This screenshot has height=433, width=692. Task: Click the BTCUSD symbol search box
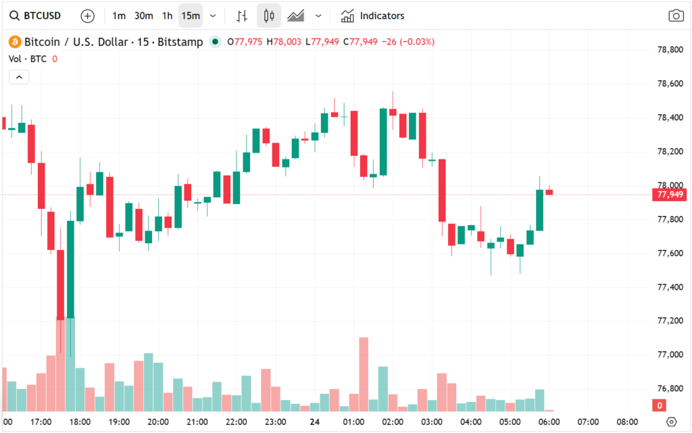35,16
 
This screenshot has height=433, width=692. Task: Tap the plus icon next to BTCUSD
87,16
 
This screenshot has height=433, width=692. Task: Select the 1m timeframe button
119,16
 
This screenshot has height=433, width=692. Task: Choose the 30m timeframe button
143,16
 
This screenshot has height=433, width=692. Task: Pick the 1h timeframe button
168,16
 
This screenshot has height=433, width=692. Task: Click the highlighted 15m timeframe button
191,16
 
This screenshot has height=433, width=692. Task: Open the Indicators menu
372,16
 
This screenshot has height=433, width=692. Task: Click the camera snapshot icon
676,16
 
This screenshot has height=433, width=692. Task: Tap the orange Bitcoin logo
15,42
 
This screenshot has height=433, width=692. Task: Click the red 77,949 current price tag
669,195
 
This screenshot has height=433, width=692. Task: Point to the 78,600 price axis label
670,83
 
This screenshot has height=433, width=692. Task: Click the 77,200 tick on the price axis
670,321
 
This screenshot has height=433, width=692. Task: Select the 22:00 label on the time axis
236,422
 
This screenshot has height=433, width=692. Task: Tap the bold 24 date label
315,422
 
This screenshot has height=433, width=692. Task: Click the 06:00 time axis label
549,422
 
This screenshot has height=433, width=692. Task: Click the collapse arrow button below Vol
19,77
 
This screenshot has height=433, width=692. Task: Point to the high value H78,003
284,42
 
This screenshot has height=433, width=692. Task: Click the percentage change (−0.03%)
417,42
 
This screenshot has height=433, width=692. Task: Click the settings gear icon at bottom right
671,422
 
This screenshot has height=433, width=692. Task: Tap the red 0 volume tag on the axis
660,405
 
